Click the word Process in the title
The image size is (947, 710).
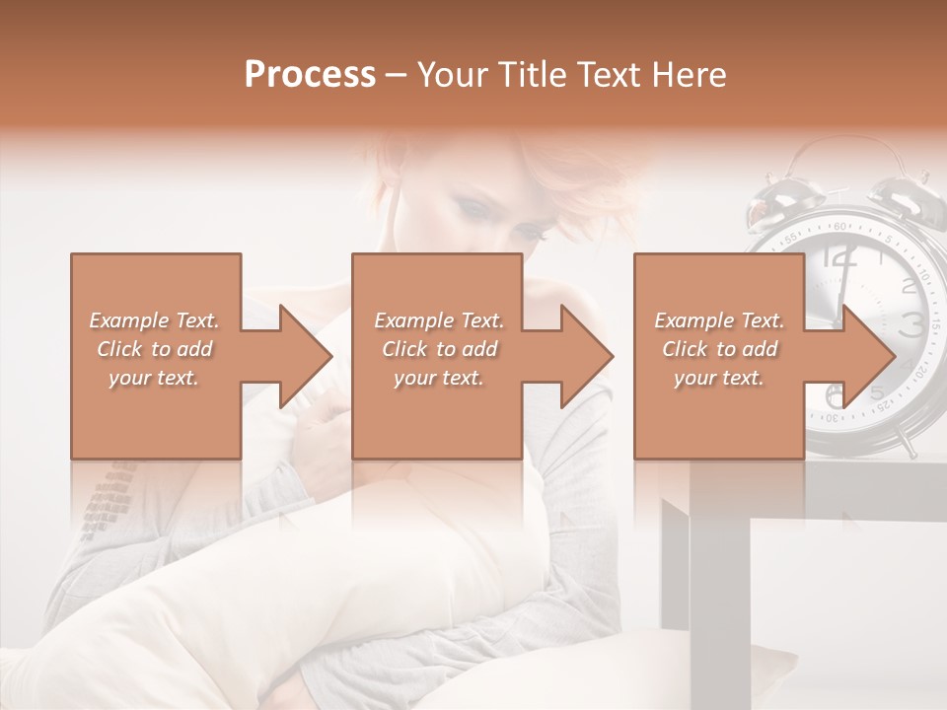(x=310, y=75)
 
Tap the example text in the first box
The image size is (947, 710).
(x=154, y=349)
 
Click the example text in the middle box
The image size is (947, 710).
(x=438, y=349)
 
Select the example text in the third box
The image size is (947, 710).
(x=719, y=349)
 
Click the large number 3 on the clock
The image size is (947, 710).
(x=911, y=322)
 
